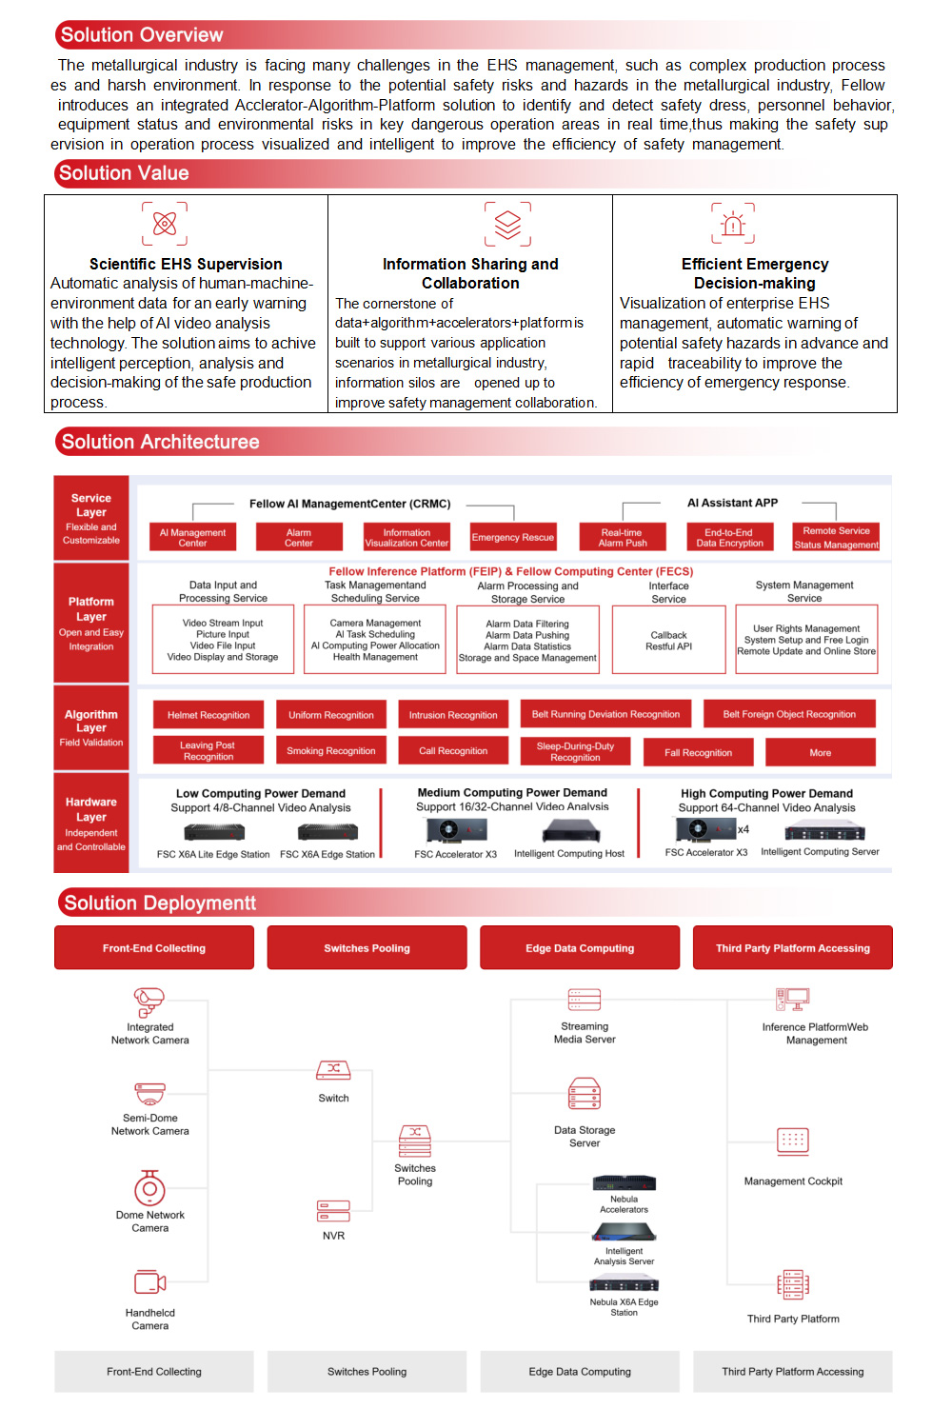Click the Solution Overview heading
pos(142,35)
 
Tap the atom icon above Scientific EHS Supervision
pos(165,224)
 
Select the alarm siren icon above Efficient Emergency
pos(732,224)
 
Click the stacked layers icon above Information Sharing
pos(507,224)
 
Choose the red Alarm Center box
pos(298,538)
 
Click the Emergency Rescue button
pos(512,537)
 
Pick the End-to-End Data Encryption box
pos(729,538)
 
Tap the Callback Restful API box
pos(668,640)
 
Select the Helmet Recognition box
pos(208,715)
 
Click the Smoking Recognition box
pos(330,751)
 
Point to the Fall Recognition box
pos(698,752)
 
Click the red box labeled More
pos(820,752)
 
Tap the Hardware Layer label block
pos(91,823)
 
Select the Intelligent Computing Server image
pos(819,832)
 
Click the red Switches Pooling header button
pos(367,948)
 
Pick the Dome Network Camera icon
pos(149,1188)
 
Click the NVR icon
pos(333,1211)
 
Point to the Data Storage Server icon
pos(584,1095)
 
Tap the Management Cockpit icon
pos(792,1141)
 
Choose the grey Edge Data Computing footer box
pos(580,1372)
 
